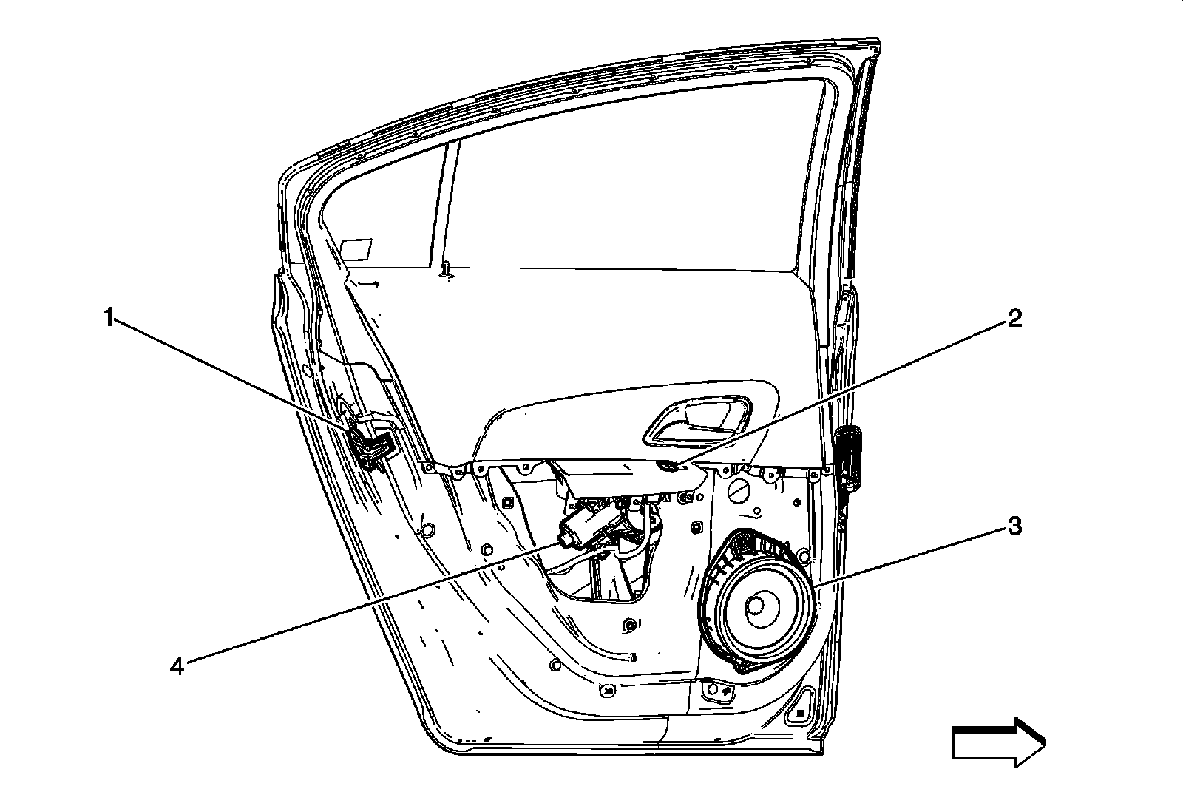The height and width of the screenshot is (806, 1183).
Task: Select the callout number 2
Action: click(x=1012, y=319)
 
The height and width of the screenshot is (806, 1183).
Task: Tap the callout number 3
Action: click(x=1012, y=527)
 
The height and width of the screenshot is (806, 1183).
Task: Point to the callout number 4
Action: click(x=176, y=666)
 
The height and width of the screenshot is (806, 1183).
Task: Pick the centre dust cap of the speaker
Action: click(x=756, y=606)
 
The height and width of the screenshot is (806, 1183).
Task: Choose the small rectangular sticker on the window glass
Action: click(x=358, y=248)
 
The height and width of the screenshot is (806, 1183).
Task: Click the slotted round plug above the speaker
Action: click(x=739, y=492)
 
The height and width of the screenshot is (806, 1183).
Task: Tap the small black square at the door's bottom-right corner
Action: click(x=799, y=714)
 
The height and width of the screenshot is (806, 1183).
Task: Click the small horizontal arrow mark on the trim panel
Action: click(x=371, y=283)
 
